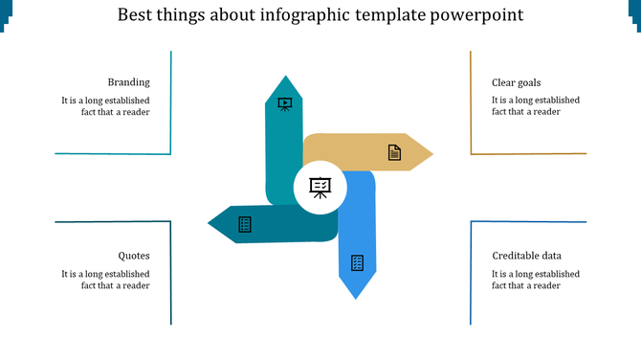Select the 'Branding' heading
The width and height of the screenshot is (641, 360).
(128, 82)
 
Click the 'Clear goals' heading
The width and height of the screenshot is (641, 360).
(517, 82)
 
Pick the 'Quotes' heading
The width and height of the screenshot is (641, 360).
(134, 256)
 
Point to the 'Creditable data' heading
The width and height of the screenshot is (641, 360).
(527, 256)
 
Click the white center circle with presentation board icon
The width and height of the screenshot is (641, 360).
(320, 188)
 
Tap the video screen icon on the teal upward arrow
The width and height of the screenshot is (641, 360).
(284, 103)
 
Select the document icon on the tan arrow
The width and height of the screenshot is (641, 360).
(393, 152)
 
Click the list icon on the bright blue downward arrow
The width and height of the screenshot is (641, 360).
(357, 262)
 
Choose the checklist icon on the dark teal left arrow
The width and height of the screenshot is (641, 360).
(245, 224)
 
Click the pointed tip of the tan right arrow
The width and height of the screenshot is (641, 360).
(430, 153)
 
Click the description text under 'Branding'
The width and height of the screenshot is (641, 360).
(105, 105)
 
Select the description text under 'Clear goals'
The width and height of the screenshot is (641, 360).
(536, 105)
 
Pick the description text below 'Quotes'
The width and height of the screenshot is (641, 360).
(105, 279)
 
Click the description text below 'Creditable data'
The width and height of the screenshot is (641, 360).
(536, 279)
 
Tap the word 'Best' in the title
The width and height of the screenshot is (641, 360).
(134, 16)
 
